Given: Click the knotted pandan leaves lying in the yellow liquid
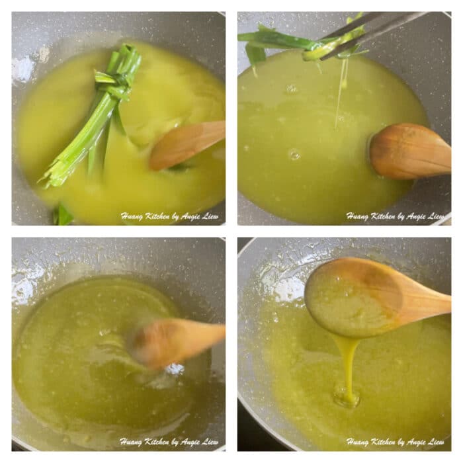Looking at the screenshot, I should [99, 112].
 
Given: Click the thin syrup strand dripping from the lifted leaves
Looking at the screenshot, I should [341, 93].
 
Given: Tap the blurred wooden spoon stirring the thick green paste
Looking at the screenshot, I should [175, 341].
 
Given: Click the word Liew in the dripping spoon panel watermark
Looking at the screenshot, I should [435, 441].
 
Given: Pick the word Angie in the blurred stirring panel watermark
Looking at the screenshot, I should [189, 441].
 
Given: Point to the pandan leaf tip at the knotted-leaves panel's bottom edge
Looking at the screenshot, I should [62, 215].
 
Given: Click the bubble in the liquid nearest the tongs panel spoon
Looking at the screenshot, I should [294, 154].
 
